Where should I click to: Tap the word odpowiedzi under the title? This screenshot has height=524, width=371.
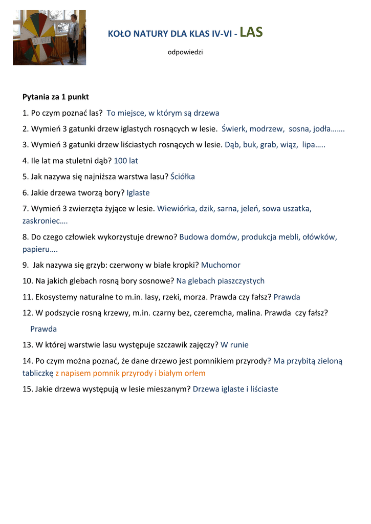click(x=185, y=53)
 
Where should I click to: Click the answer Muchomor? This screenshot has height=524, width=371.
click(x=221, y=265)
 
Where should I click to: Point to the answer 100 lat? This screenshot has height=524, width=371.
click(x=126, y=161)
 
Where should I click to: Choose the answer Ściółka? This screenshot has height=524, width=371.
click(x=183, y=177)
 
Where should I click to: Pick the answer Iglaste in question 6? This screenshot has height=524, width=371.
click(x=138, y=193)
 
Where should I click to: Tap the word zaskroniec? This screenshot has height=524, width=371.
click(x=43, y=221)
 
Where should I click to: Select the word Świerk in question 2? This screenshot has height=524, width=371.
click(x=234, y=129)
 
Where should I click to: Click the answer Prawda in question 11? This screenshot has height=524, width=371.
click(x=287, y=297)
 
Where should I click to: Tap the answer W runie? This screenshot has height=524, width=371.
click(x=235, y=345)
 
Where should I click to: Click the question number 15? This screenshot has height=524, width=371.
click(x=27, y=389)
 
